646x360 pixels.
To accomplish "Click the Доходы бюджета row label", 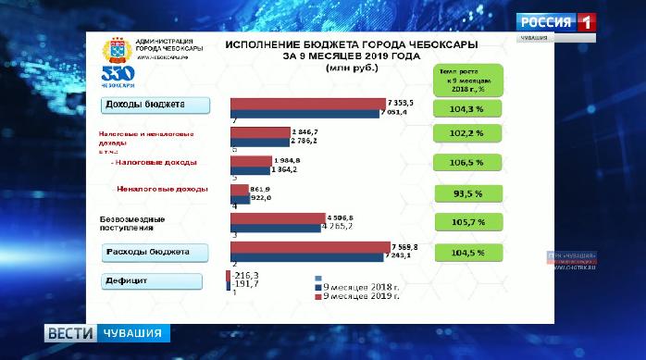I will (152, 105).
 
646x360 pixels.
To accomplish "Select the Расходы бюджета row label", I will (152, 253).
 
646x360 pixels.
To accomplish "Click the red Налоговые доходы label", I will (154, 163).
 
